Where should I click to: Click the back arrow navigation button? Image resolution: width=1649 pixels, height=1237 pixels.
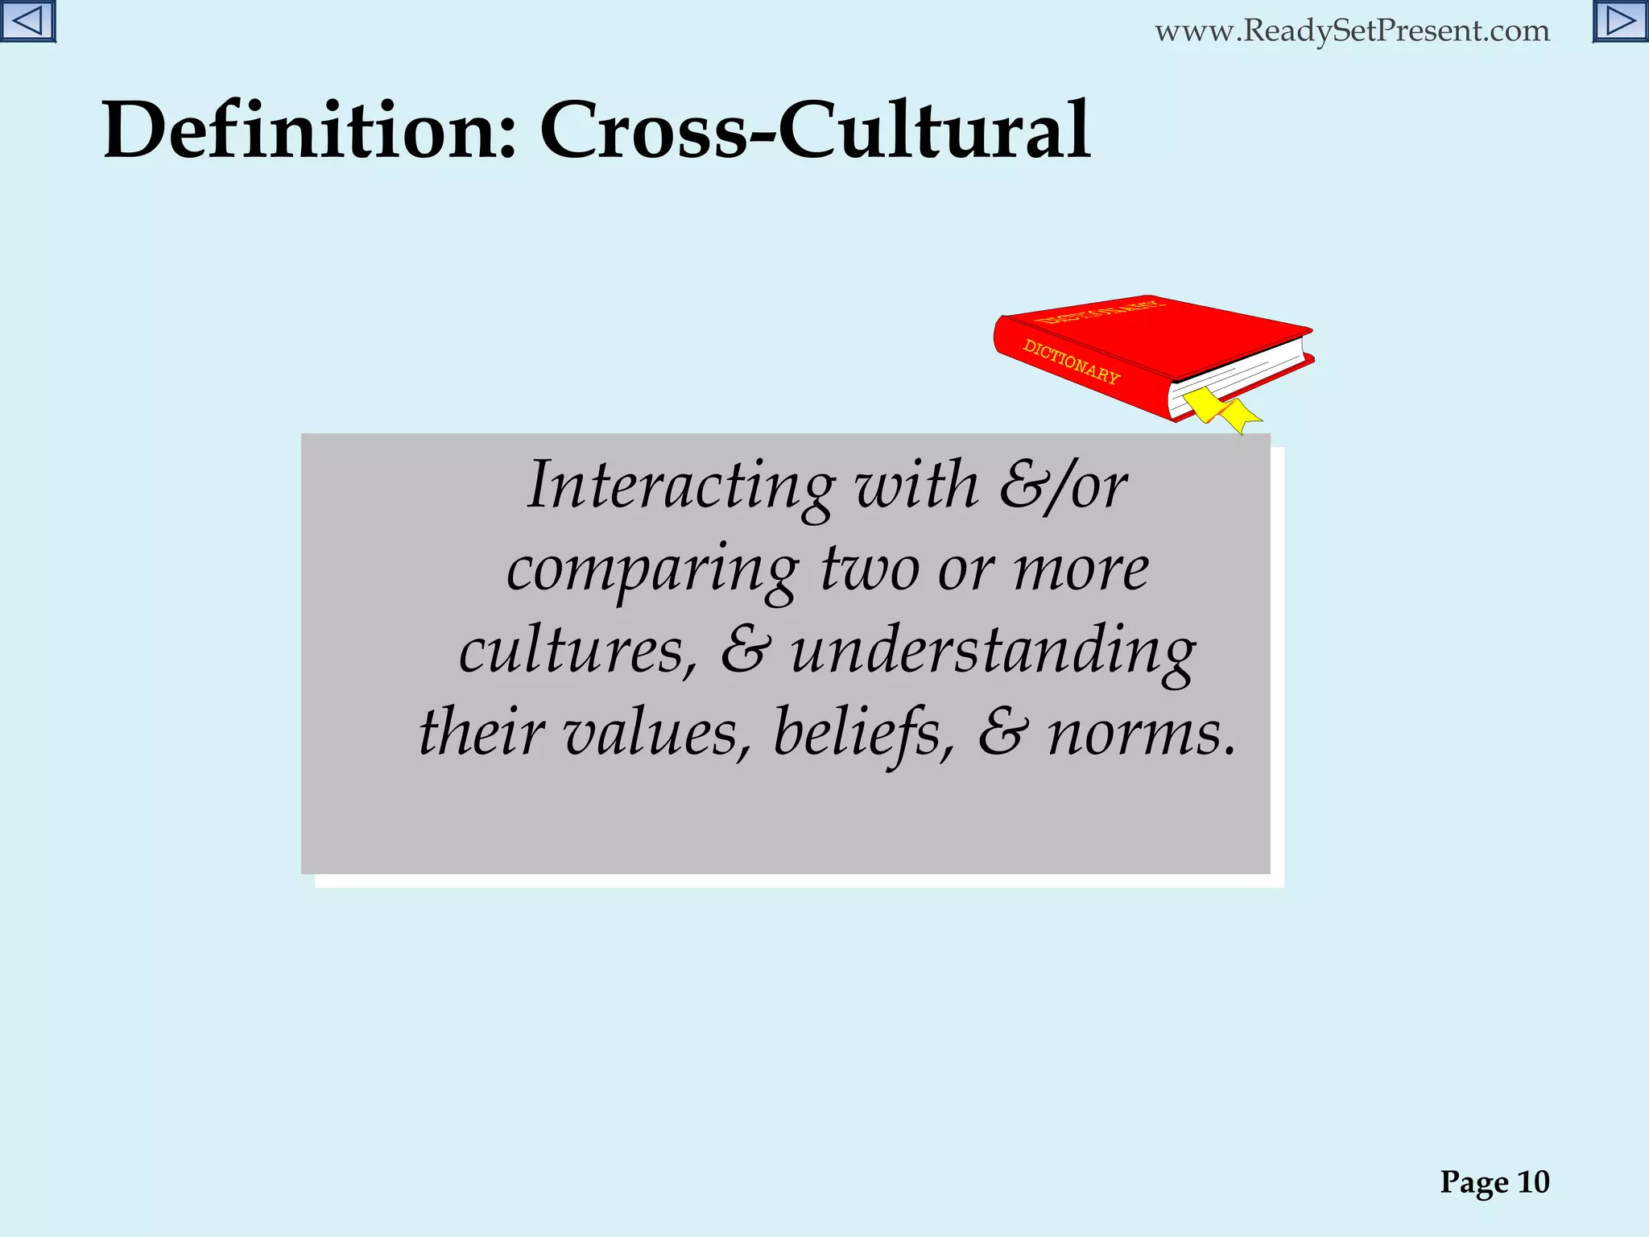pos(27,21)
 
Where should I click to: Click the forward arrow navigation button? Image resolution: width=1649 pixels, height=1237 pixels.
pos(1620,21)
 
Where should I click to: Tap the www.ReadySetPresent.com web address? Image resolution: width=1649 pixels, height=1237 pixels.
pos(1352,31)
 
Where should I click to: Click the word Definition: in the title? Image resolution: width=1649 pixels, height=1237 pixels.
pos(309,130)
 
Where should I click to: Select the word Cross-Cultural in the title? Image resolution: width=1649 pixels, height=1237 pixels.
pos(815,130)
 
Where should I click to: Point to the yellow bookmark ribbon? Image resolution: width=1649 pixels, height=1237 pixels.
pos(1221,408)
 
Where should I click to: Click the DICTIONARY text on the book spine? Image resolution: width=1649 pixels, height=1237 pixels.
pos(1071,362)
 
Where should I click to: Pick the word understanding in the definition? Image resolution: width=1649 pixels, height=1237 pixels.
pos(993,652)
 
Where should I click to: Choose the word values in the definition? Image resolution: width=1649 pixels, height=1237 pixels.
pos(656,734)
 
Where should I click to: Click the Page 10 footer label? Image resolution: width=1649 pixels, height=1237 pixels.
pos(1494,1182)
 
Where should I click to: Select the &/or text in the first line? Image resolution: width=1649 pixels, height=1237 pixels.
pos(1063,486)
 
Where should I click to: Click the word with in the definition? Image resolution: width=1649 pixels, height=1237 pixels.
pos(916,485)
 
